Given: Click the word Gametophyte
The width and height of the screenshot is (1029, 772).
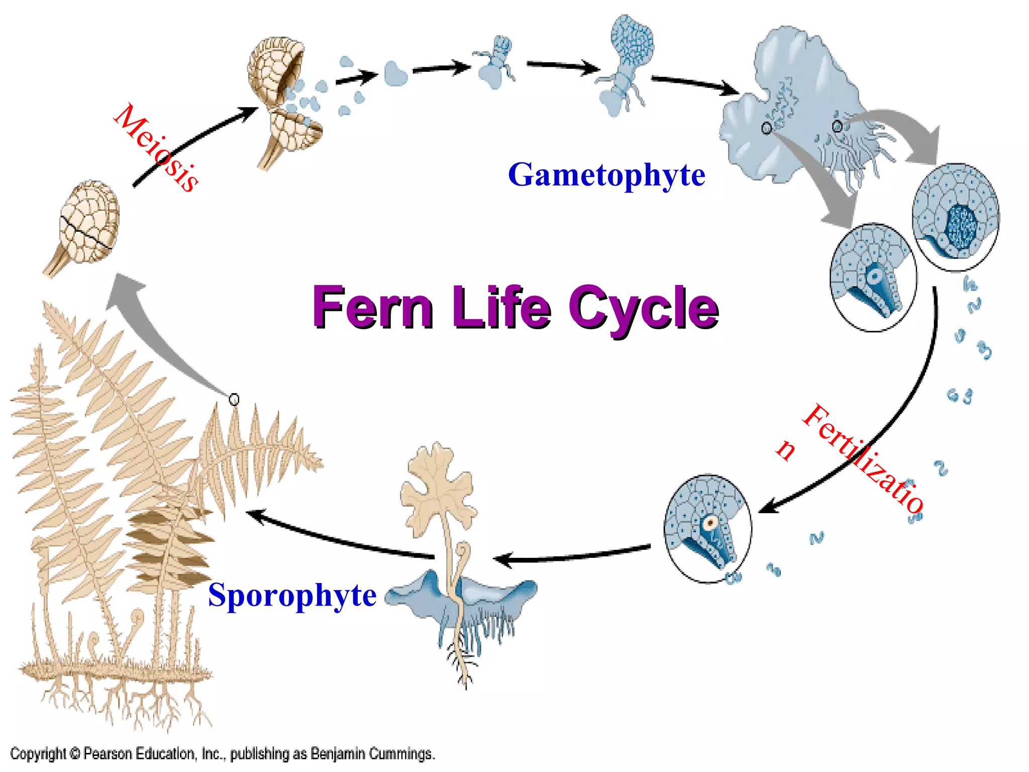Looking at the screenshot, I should tap(606, 175).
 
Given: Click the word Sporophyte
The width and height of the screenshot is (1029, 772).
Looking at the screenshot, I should tap(292, 595).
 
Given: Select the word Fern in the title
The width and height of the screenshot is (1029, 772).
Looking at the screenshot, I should tap(372, 307).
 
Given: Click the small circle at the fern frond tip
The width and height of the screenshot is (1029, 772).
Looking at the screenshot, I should tap(234, 400).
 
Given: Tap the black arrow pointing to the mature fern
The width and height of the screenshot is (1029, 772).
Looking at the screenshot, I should tap(337, 538).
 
